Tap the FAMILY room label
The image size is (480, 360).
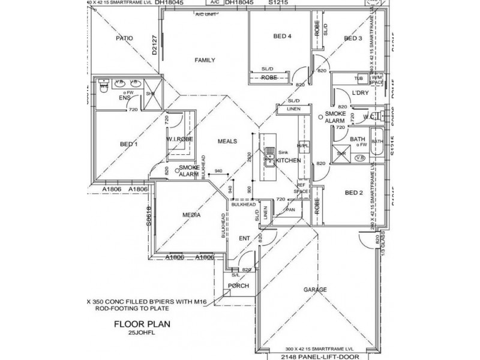[x=204, y=60]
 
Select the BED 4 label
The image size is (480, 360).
[x=282, y=37]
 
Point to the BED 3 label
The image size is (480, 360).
[x=353, y=39]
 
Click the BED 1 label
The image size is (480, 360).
[x=128, y=144]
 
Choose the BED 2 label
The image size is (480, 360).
[x=355, y=193]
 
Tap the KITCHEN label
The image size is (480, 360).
[x=289, y=160]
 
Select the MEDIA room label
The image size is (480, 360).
[x=191, y=214]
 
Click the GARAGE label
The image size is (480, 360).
[x=315, y=290]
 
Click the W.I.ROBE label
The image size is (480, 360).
[x=179, y=139]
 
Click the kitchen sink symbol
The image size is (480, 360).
[x=270, y=160]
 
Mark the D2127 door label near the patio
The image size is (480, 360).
[x=155, y=46]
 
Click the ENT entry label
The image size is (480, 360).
[x=244, y=239]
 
